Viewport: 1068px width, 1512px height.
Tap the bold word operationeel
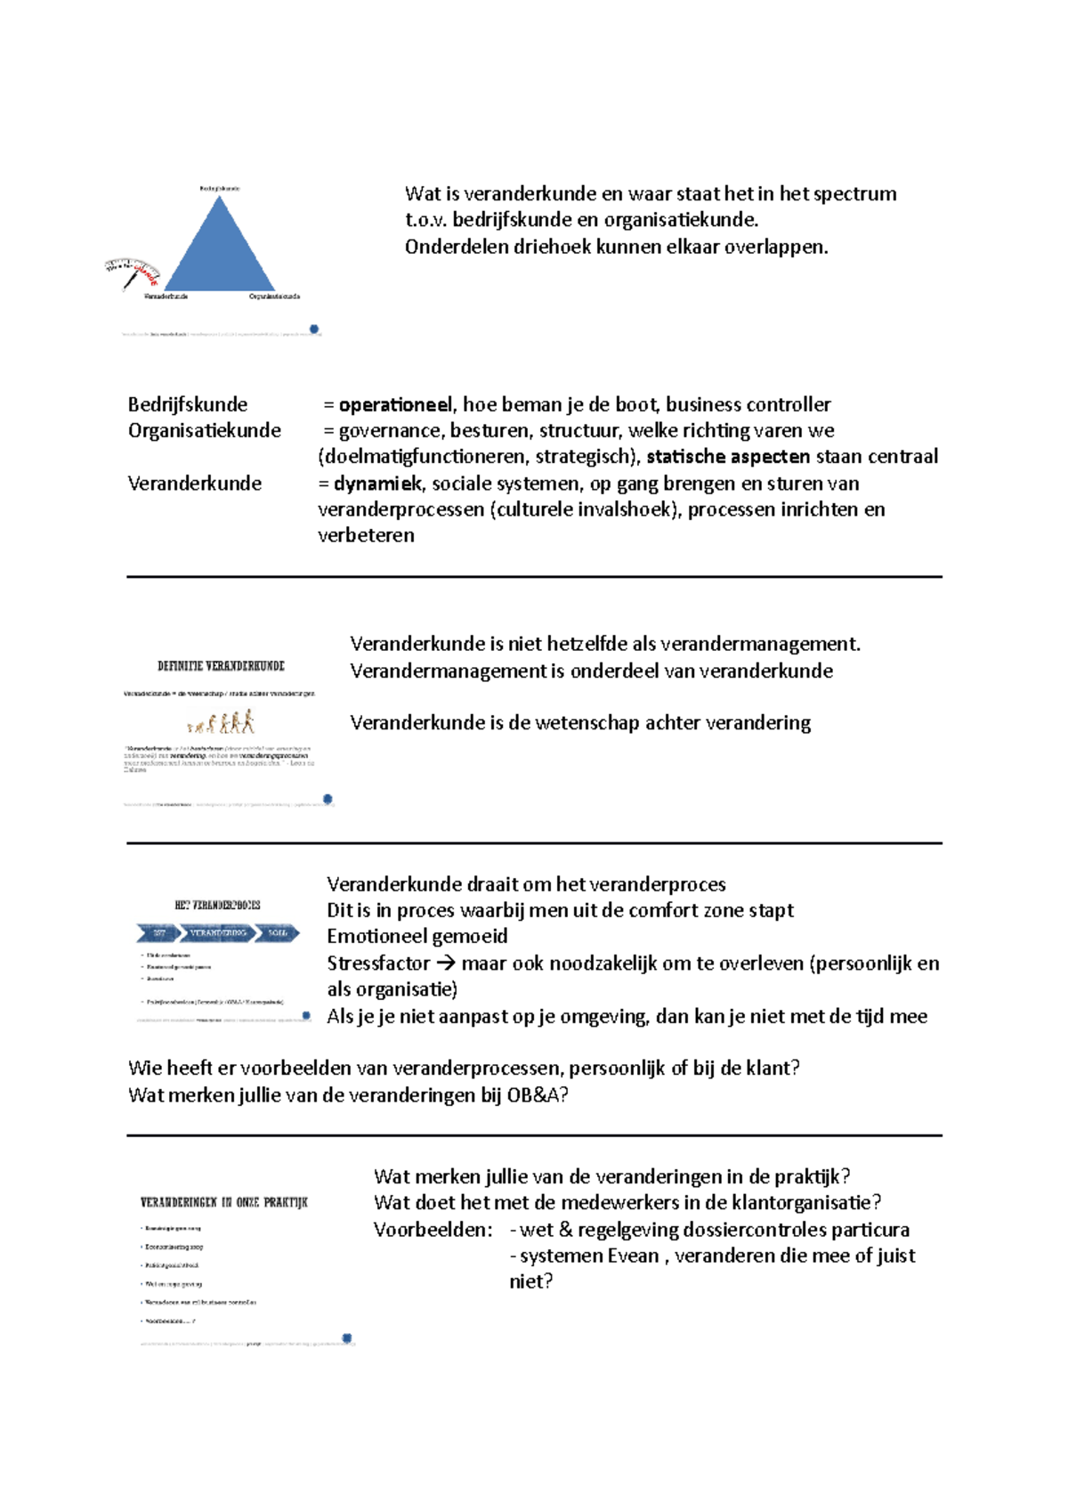click(395, 405)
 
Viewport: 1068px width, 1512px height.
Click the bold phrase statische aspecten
click(728, 457)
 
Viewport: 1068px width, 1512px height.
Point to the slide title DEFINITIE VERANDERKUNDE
click(221, 666)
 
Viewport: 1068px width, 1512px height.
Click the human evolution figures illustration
click(222, 721)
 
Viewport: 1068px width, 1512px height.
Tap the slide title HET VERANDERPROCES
click(217, 906)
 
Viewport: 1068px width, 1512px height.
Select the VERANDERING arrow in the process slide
click(218, 933)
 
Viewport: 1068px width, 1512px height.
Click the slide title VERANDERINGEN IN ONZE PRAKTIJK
click(224, 1202)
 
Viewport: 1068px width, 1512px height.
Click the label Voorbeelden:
click(433, 1230)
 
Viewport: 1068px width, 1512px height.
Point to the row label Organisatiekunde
click(205, 431)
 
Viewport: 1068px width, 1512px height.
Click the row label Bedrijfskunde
click(188, 405)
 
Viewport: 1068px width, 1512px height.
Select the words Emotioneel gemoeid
click(417, 937)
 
